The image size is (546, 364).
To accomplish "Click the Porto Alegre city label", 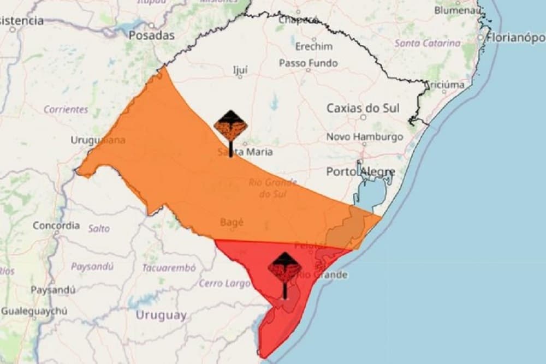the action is (360, 172).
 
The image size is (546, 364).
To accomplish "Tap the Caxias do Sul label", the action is (363, 108).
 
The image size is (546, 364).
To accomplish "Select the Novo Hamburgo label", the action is (364, 137).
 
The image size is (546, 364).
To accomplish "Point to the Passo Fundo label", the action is (308, 63).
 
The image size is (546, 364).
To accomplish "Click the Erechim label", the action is (313, 46).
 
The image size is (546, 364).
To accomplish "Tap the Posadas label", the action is (151, 35).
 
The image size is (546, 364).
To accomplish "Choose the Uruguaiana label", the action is (98, 140).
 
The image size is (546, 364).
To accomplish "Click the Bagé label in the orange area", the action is (232, 222).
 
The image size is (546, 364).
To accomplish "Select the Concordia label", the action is (56, 225).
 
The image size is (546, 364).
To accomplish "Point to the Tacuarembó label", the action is (169, 268).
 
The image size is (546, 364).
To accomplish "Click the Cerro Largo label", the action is (218, 283).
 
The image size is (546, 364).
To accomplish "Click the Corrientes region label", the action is (66, 109).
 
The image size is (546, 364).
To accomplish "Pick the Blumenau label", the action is (456, 10).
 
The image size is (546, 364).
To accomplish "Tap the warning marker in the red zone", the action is (284, 267).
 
